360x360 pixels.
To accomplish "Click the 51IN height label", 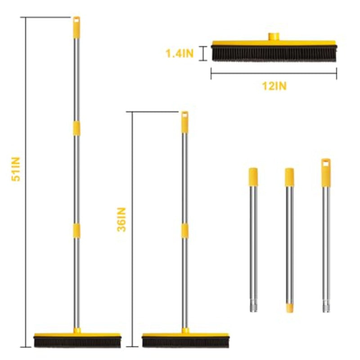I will (x=17, y=168).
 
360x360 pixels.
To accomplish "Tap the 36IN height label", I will (x=121, y=219).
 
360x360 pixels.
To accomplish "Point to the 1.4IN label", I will (x=179, y=54).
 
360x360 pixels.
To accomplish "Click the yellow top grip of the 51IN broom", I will (x=76, y=27).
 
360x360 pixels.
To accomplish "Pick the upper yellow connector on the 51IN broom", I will (x=76, y=127).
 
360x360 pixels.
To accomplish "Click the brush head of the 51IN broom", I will (x=77, y=340).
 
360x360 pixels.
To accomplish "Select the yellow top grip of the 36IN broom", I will (x=184, y=122).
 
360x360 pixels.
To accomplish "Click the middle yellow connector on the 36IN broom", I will (x=184, y=230).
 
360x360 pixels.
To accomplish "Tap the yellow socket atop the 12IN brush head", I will (x=274, y=36).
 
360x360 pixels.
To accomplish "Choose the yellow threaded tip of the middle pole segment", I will (x=289, y=307).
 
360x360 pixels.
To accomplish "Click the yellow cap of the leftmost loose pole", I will (x=253, y=176).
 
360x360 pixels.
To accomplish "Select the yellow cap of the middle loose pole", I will (x=289, y=177).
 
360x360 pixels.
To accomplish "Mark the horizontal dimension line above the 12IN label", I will (x=274, y=73).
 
